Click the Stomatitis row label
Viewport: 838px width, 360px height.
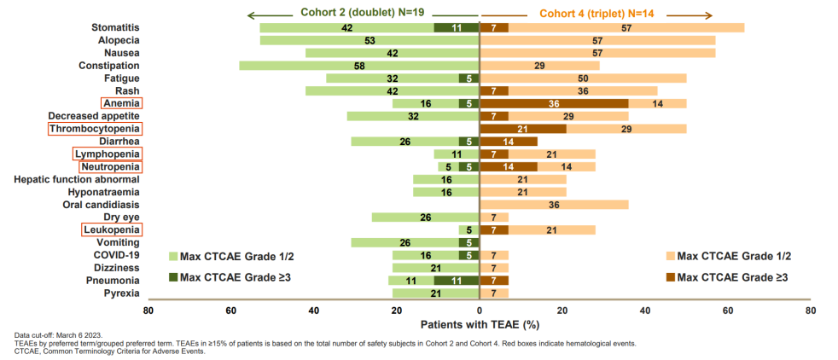tap(115, 27)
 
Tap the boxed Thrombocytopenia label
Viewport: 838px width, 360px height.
tap(95, 129)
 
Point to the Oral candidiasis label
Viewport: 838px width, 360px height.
tap(102, 205)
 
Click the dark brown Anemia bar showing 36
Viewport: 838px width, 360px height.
tap(555, 103)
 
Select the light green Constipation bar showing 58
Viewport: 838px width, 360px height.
tap(359, 66)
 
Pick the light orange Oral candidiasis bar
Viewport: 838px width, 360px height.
tap(555, 205)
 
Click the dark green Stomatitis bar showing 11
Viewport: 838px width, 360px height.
tap(457, 27)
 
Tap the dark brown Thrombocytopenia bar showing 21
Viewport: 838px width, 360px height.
tap(523, 129)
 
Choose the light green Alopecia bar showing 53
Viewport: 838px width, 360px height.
tap(370, 40)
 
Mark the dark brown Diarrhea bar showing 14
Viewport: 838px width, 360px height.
tap(509, 142)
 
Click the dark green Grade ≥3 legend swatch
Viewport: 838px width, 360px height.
tap(172, 277)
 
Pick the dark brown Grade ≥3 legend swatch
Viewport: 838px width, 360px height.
tap(671, 277)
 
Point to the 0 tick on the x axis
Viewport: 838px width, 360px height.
tap(480, 311)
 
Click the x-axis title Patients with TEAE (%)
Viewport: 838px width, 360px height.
tap(479, 325)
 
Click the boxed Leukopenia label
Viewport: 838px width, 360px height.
tap(112, 229)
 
